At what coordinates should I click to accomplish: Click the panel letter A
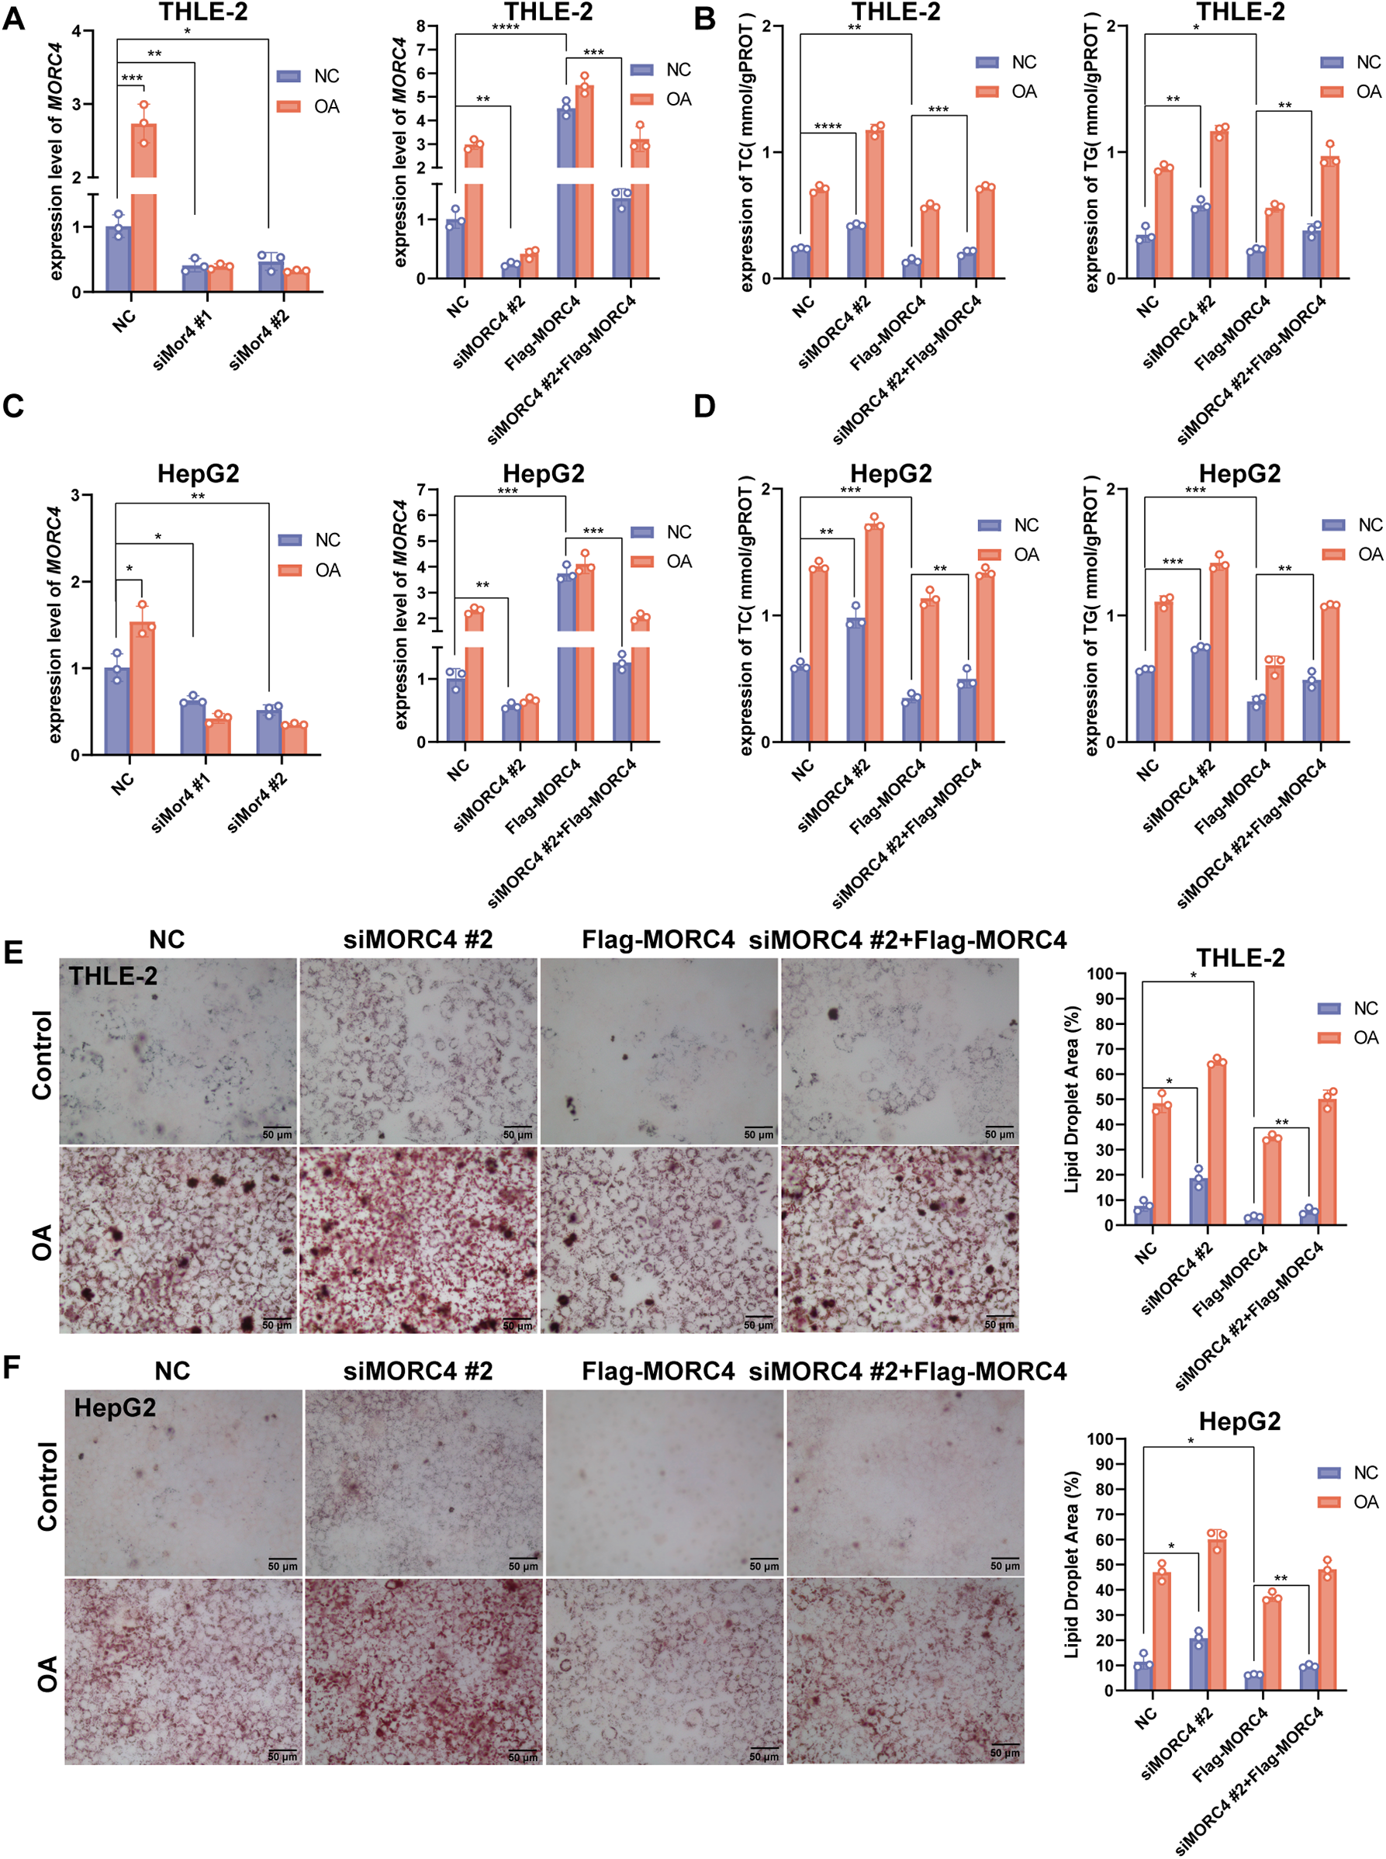tap(13, 19)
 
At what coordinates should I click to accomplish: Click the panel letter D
tap(705, 407)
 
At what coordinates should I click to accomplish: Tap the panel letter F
tap(12, 1366)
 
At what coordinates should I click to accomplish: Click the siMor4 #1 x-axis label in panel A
tap(183, 339)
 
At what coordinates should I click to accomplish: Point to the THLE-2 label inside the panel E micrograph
tap(112, 976)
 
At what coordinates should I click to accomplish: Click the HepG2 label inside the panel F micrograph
tap(115, 1407)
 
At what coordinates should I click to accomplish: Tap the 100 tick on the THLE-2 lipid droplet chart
tap(1100, 974)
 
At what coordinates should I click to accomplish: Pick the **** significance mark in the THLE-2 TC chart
tap(828, 126)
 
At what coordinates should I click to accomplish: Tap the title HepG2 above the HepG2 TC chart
tap(891, 474)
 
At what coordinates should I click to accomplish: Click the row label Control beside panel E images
tap(42, 1054)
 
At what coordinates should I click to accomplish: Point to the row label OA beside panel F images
tap(47, 1673)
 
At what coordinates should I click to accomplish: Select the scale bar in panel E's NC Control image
tap(277, 1127)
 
